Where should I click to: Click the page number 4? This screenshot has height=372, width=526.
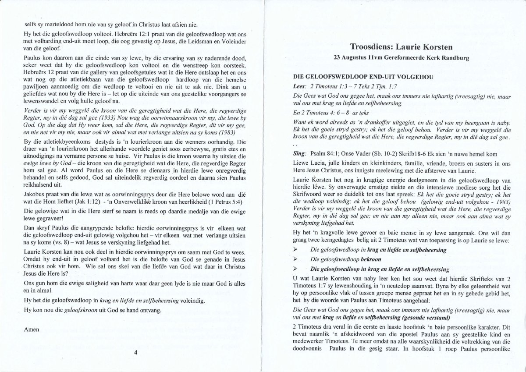coord(135,352)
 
